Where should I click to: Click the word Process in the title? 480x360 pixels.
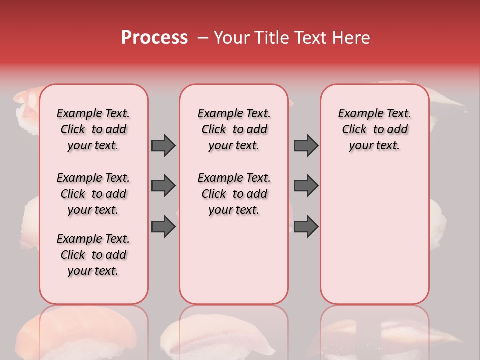154,38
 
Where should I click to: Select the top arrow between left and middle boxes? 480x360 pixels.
163,145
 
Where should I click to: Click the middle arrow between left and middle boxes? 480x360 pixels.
163,186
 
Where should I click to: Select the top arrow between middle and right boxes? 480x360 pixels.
306,145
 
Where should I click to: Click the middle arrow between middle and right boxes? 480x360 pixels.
306,186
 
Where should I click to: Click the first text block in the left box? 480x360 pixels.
93,129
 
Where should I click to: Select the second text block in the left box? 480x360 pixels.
93,194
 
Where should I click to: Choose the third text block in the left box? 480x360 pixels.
93,255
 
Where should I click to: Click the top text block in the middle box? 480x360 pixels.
234,129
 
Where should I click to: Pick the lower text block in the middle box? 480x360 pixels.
234,194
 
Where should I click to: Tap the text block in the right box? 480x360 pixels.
375,129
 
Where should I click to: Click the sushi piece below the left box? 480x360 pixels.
75,332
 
